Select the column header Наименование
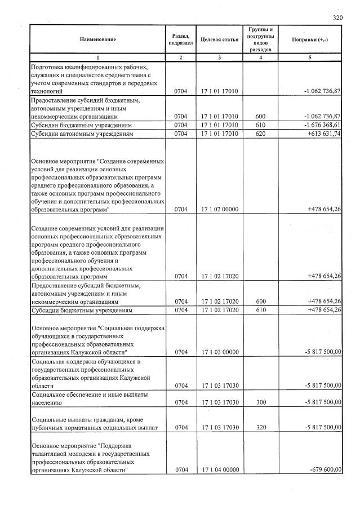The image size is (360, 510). (x=97, y=39)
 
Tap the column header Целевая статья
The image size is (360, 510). (x=219, y=39)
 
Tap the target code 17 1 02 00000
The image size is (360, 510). (x=219, y=209)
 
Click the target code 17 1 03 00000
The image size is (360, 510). (x=219, y=352)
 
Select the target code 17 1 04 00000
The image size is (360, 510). (x=219, y=470)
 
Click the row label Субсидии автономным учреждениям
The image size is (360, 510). (x=82, y=134)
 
